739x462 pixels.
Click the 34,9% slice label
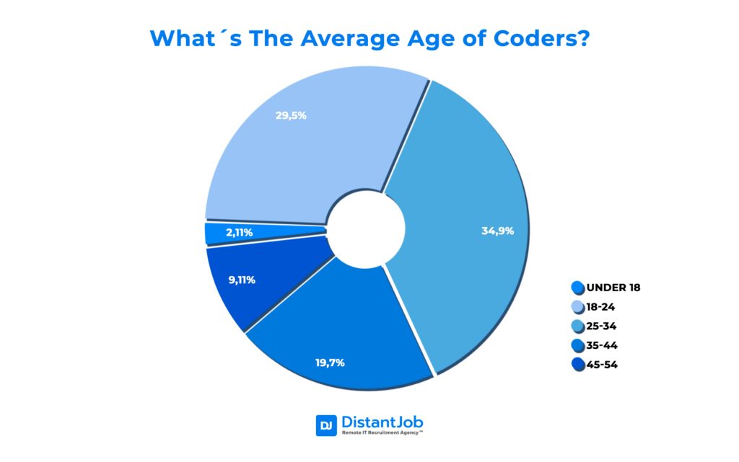coord(497,231)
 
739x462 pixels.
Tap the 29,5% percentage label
coord(291,115)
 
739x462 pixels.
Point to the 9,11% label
coord(242,280)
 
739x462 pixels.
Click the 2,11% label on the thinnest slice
coord(240,233)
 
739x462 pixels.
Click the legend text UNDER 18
coord(613,288)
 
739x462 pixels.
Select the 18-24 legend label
coord(600,306)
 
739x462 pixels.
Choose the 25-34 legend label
coord(601,326)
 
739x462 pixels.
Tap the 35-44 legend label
coord(601,345)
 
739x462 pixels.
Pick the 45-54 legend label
coord(601,365)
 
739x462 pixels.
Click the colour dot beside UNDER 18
coord(577,288)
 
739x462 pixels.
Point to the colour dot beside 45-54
coord(577,365)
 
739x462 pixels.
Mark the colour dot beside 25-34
coord(577,326)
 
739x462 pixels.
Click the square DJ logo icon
coord(325,425)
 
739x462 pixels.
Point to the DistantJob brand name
coord(382,421)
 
